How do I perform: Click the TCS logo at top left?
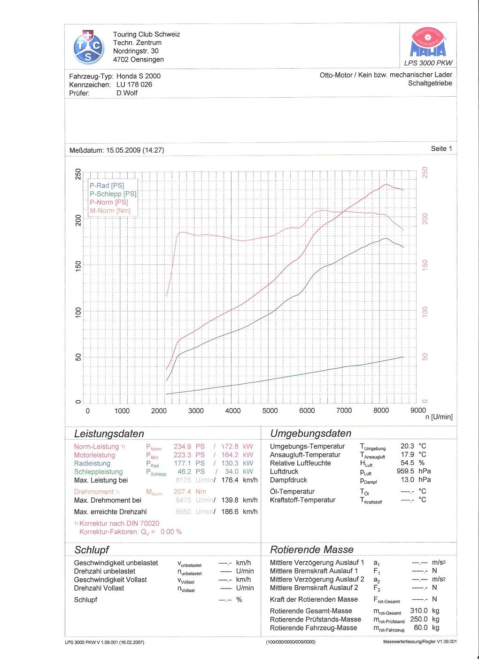88,47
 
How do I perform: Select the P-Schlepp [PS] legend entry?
113,194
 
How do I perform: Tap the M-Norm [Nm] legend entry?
110,211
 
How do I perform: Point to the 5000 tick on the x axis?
270,411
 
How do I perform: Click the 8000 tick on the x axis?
381,411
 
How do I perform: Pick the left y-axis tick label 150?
78,266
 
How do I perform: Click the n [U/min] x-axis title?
439,417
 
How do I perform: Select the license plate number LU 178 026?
134,85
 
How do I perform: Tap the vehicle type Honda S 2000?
139,76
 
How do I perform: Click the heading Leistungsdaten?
109,434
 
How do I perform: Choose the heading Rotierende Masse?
311,550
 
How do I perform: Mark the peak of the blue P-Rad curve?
386,238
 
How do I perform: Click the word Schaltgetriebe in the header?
430,83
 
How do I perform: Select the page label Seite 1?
441,148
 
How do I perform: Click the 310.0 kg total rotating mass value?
425,611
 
